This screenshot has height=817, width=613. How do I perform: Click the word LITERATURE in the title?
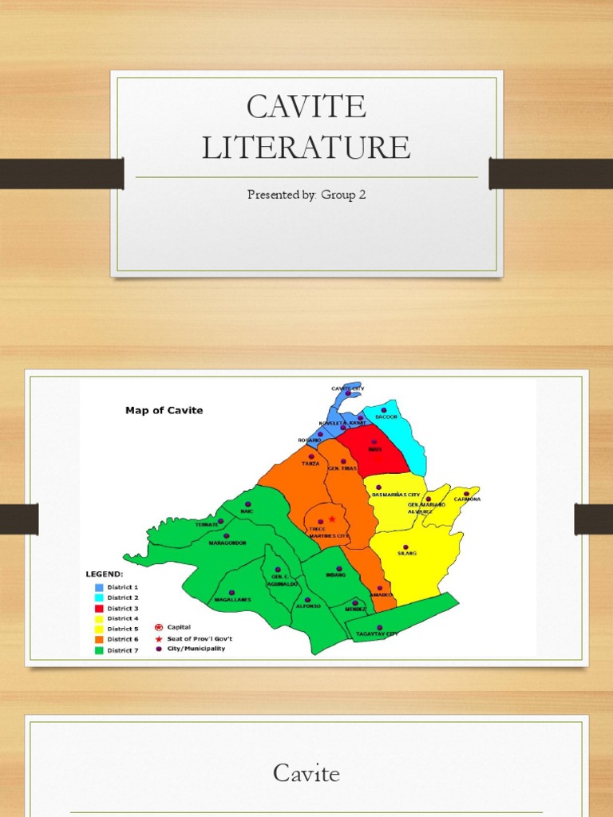306,148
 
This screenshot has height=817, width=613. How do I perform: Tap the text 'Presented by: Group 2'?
306,195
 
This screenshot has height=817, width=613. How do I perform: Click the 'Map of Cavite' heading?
164,410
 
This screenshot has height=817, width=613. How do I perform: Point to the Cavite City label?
347,388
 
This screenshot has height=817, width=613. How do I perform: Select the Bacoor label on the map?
386,417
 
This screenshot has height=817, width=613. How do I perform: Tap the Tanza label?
310,463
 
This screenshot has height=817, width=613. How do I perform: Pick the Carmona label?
467,499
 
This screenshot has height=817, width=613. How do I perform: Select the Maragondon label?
227,543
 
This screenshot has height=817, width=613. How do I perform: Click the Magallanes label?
231,598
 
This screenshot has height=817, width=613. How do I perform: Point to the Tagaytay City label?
377,633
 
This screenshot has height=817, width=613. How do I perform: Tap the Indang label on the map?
336,574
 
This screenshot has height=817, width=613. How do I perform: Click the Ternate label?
207,524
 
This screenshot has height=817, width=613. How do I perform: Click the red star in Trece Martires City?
332,519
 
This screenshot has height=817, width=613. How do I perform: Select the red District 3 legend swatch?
100,608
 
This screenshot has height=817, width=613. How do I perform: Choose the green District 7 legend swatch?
100,649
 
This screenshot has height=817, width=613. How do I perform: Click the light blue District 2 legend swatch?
100,598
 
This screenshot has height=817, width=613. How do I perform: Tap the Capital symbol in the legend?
158,627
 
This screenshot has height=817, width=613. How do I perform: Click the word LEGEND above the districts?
105,574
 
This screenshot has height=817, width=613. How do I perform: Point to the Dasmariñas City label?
395,495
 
